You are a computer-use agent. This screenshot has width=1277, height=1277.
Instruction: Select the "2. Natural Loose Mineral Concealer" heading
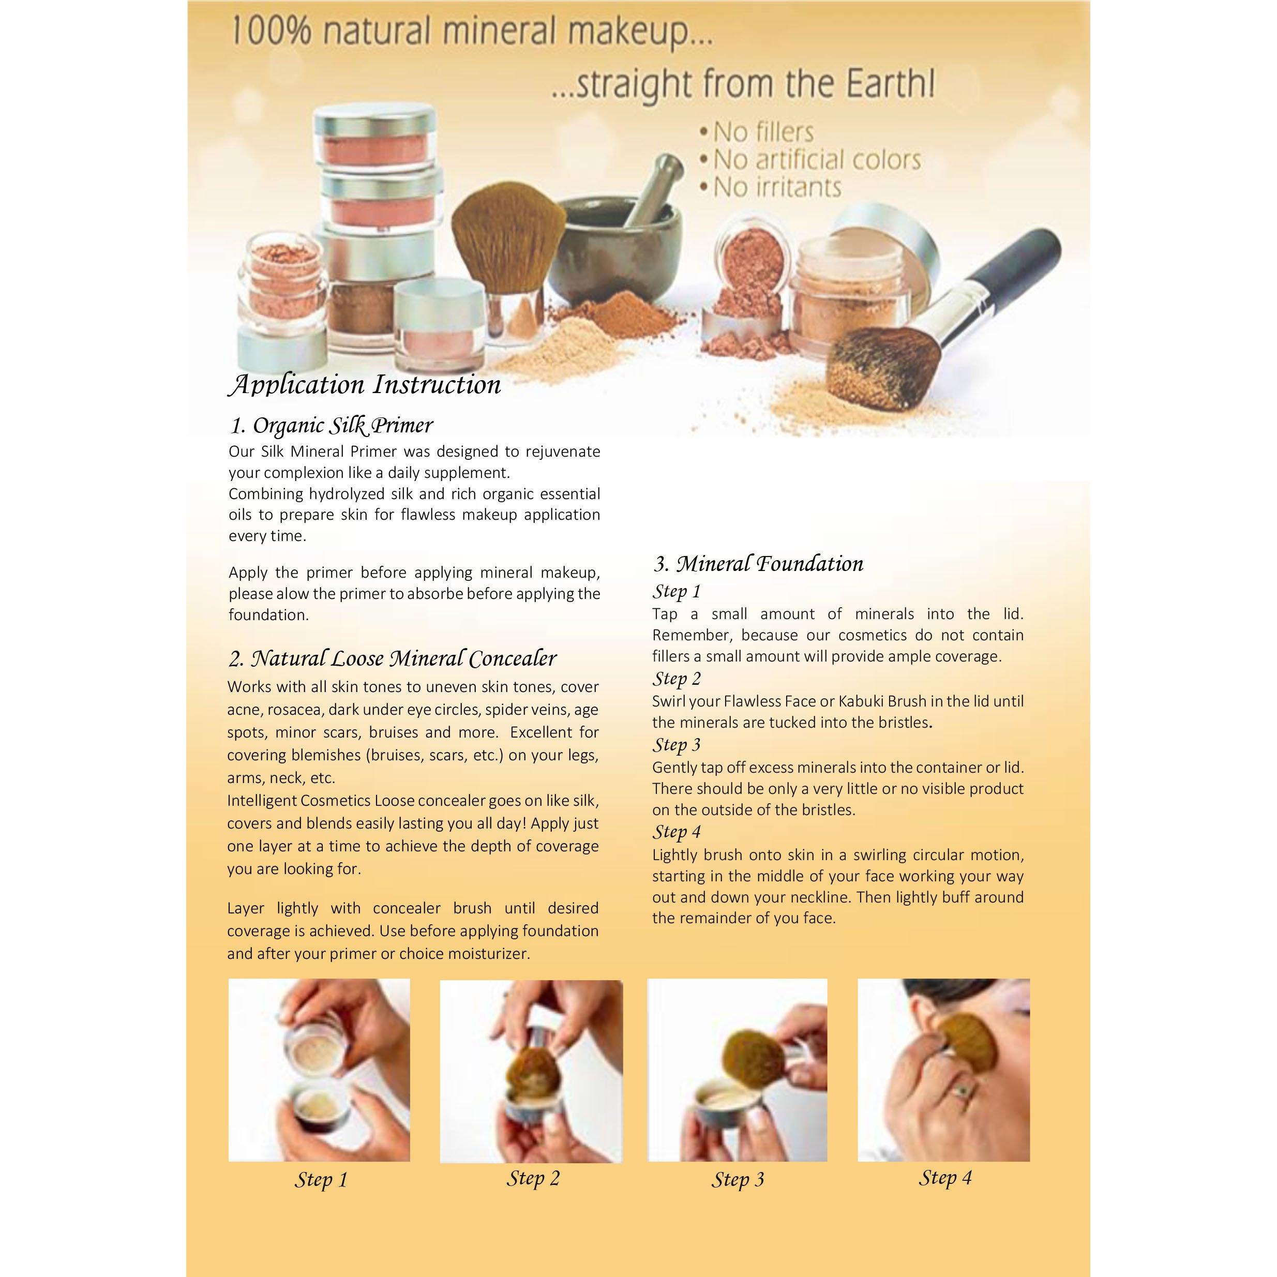click(393, 658)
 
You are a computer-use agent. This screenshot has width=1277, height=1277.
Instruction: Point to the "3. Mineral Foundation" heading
click(758, 564)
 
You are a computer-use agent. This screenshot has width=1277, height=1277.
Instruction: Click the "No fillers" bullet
click(757, 132)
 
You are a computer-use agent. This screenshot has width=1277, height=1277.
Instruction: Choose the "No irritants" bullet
click(771, 188)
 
